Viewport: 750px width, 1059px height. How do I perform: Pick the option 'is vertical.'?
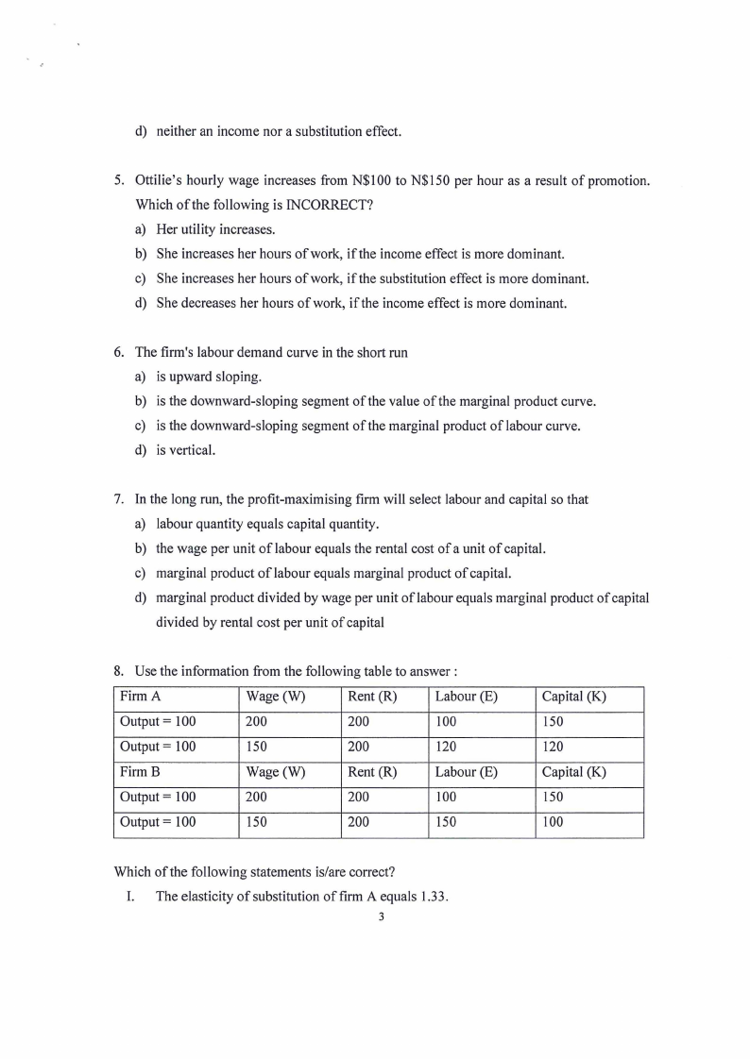185,450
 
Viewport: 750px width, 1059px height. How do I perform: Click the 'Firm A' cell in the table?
140,698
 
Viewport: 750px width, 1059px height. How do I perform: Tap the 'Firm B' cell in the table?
140,771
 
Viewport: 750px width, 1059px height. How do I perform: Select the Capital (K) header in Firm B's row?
574,771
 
